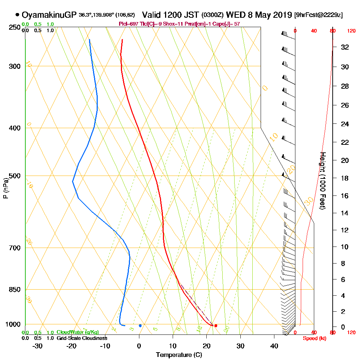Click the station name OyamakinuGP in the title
[49, 15]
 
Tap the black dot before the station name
[17, 15]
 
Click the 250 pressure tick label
[14, 27]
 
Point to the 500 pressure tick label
[14, 176]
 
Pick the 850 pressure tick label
[14, 290]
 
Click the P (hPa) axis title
[6, 188]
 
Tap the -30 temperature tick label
[38, 346]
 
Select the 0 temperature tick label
[139, 346]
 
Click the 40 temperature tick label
[274, 346]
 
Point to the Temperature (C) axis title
[179, 355]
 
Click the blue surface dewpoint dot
[140, 326]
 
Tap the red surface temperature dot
[216, 326]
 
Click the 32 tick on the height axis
[345, 47]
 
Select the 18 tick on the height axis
[345, 178]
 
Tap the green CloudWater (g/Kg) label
[77, 332]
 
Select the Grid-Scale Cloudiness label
[82, 338]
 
